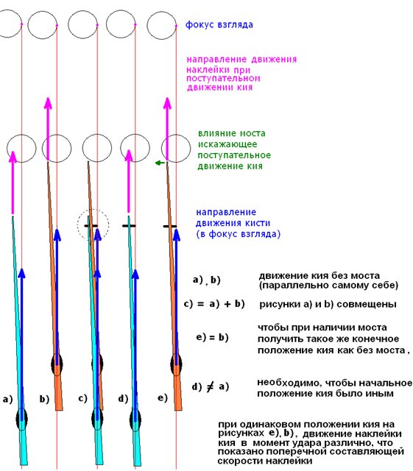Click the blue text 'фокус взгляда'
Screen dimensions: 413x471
[x=219, y=24]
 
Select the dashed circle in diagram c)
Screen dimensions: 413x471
[x=93, y=224]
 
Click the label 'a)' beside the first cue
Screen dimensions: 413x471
[x=7, y=399]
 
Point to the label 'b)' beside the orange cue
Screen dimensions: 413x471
[x=44, y=399]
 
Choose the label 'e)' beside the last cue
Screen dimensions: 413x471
[x=162, y=397]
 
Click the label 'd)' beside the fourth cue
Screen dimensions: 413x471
[x=123, y=399]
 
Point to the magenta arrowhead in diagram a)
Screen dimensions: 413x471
[x=13, y=156]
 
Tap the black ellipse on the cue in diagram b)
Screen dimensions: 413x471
[x=57, y=364]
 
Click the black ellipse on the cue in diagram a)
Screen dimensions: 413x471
[x=21, y=419]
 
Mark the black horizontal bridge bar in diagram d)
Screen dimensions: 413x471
[x=129, y=226]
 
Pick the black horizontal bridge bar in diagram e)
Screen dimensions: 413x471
[x=170, y=226]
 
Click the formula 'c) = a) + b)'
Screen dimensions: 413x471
[x=214, y=304]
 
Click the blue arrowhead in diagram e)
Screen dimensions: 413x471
[x=177, y=235]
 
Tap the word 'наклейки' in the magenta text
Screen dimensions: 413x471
[x=205, y=70]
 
